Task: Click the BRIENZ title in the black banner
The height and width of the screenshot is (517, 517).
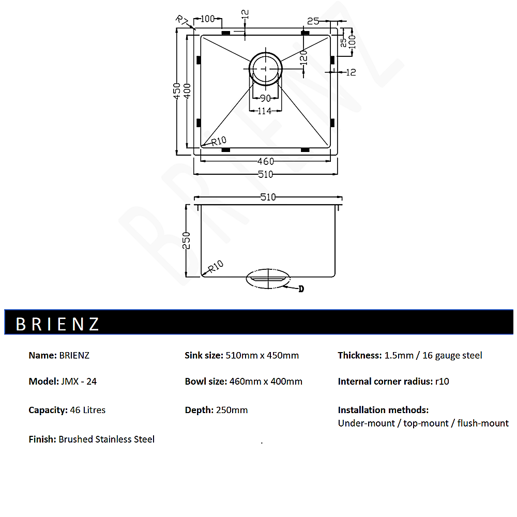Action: point(57,324)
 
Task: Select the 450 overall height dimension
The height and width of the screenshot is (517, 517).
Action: point(177,92)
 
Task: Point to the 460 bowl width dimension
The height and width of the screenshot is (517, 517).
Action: point(265,161)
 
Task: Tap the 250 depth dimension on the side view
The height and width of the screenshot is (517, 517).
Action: point(187,240)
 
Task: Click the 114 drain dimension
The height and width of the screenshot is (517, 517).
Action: point(265,111)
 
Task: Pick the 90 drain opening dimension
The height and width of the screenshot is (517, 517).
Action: point(265,98)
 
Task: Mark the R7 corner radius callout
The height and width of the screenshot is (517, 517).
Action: point(182,21)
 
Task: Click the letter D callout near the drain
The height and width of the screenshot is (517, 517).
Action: point(301,289)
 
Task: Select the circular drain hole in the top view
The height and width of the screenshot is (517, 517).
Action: point(266,68)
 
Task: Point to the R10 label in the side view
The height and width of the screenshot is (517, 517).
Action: point(215,266)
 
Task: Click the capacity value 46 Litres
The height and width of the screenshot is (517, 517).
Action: point(87,410)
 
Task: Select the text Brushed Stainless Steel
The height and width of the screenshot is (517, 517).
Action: point(107,439)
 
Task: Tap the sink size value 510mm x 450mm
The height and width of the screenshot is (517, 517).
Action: point(262,355)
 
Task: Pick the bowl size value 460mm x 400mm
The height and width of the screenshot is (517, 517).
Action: point(265,382)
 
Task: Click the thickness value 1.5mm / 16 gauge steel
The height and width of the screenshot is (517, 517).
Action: point(433,355)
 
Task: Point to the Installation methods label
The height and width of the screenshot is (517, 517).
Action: point(383,410)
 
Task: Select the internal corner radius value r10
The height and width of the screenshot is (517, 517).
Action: point(442,382)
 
